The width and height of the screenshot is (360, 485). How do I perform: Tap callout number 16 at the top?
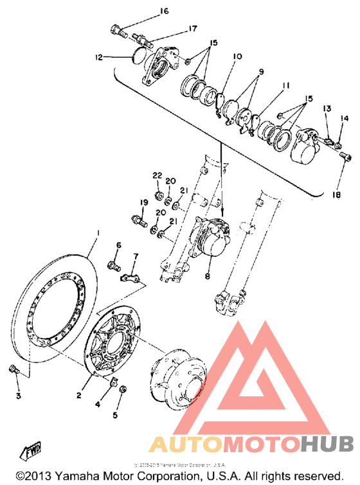163,12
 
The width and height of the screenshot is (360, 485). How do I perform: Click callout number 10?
237,57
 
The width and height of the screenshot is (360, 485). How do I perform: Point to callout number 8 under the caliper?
208,276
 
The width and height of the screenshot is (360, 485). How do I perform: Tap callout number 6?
118,245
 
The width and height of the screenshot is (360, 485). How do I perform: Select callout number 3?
19,396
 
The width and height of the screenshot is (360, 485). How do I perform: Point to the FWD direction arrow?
30,452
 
